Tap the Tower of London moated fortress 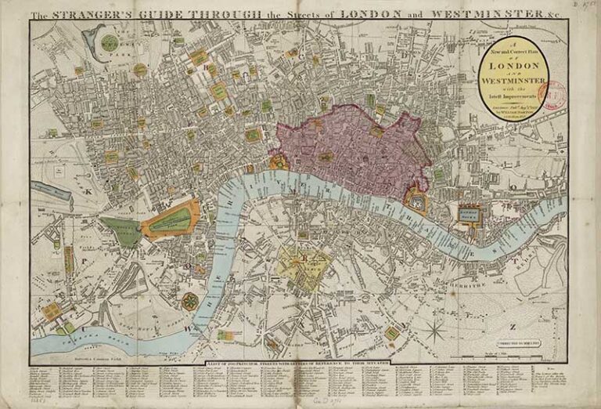point(416,202)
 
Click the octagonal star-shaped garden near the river point(189,300)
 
